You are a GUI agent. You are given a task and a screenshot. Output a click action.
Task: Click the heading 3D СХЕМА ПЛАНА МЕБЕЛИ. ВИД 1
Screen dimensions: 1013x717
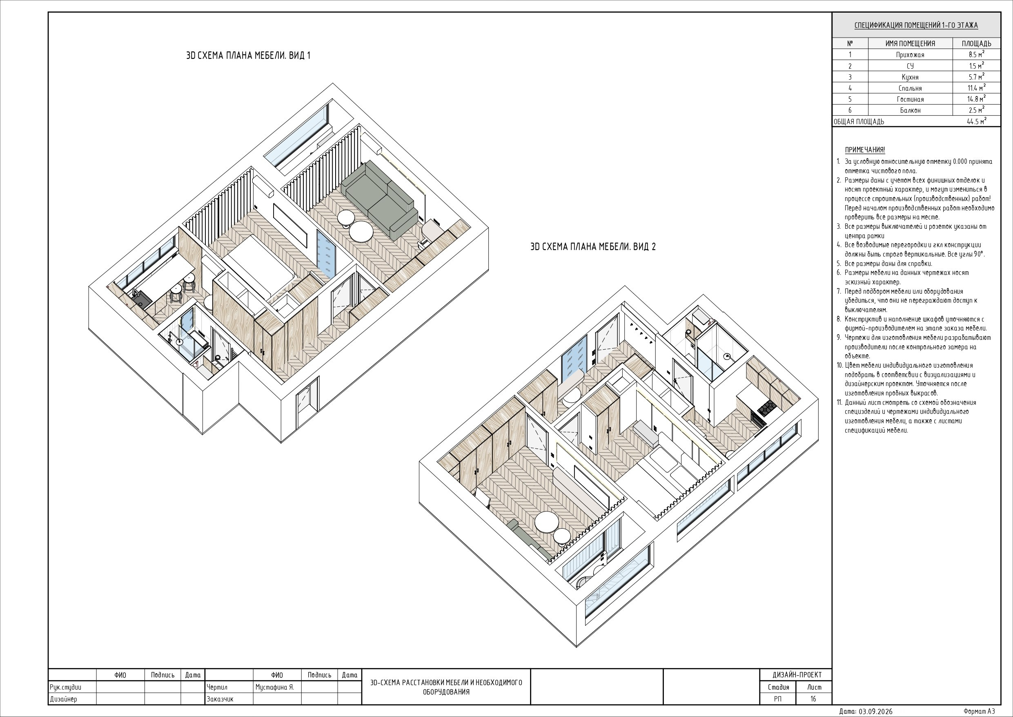click(248, 56)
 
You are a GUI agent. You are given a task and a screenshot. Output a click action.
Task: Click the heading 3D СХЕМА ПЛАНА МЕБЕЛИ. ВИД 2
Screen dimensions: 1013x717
click(593, 247)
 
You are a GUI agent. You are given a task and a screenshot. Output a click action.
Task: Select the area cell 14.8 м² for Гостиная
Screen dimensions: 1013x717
click(976, 99)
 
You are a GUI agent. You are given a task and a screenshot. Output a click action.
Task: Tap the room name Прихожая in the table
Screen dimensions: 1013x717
click(910, 55)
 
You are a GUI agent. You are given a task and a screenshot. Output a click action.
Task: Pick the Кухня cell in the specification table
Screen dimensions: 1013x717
click(910, 77)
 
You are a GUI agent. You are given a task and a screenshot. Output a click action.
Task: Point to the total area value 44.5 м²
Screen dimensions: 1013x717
click(976, 121)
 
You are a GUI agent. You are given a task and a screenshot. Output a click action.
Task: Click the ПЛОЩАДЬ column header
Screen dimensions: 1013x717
click(976, 44)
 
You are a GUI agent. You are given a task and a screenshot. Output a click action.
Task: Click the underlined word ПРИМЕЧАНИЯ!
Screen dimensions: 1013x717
click(865, 150)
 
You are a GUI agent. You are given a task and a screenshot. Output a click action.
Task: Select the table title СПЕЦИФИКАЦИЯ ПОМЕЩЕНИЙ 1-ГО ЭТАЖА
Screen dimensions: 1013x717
click(916, 25)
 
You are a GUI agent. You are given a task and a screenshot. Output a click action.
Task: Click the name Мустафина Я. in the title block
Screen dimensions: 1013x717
click(274, 688)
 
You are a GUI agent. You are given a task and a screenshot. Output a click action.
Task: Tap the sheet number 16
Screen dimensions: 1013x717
click(813, 699)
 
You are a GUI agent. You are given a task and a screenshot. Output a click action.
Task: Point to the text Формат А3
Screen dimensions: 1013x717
click(979, 711)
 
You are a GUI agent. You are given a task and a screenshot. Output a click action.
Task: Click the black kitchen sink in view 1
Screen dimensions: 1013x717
click(142, 301)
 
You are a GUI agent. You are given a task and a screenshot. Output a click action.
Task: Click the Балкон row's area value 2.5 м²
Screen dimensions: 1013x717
click(976, 110)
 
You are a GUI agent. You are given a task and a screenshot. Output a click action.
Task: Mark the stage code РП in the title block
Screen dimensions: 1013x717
click(778, 699)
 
